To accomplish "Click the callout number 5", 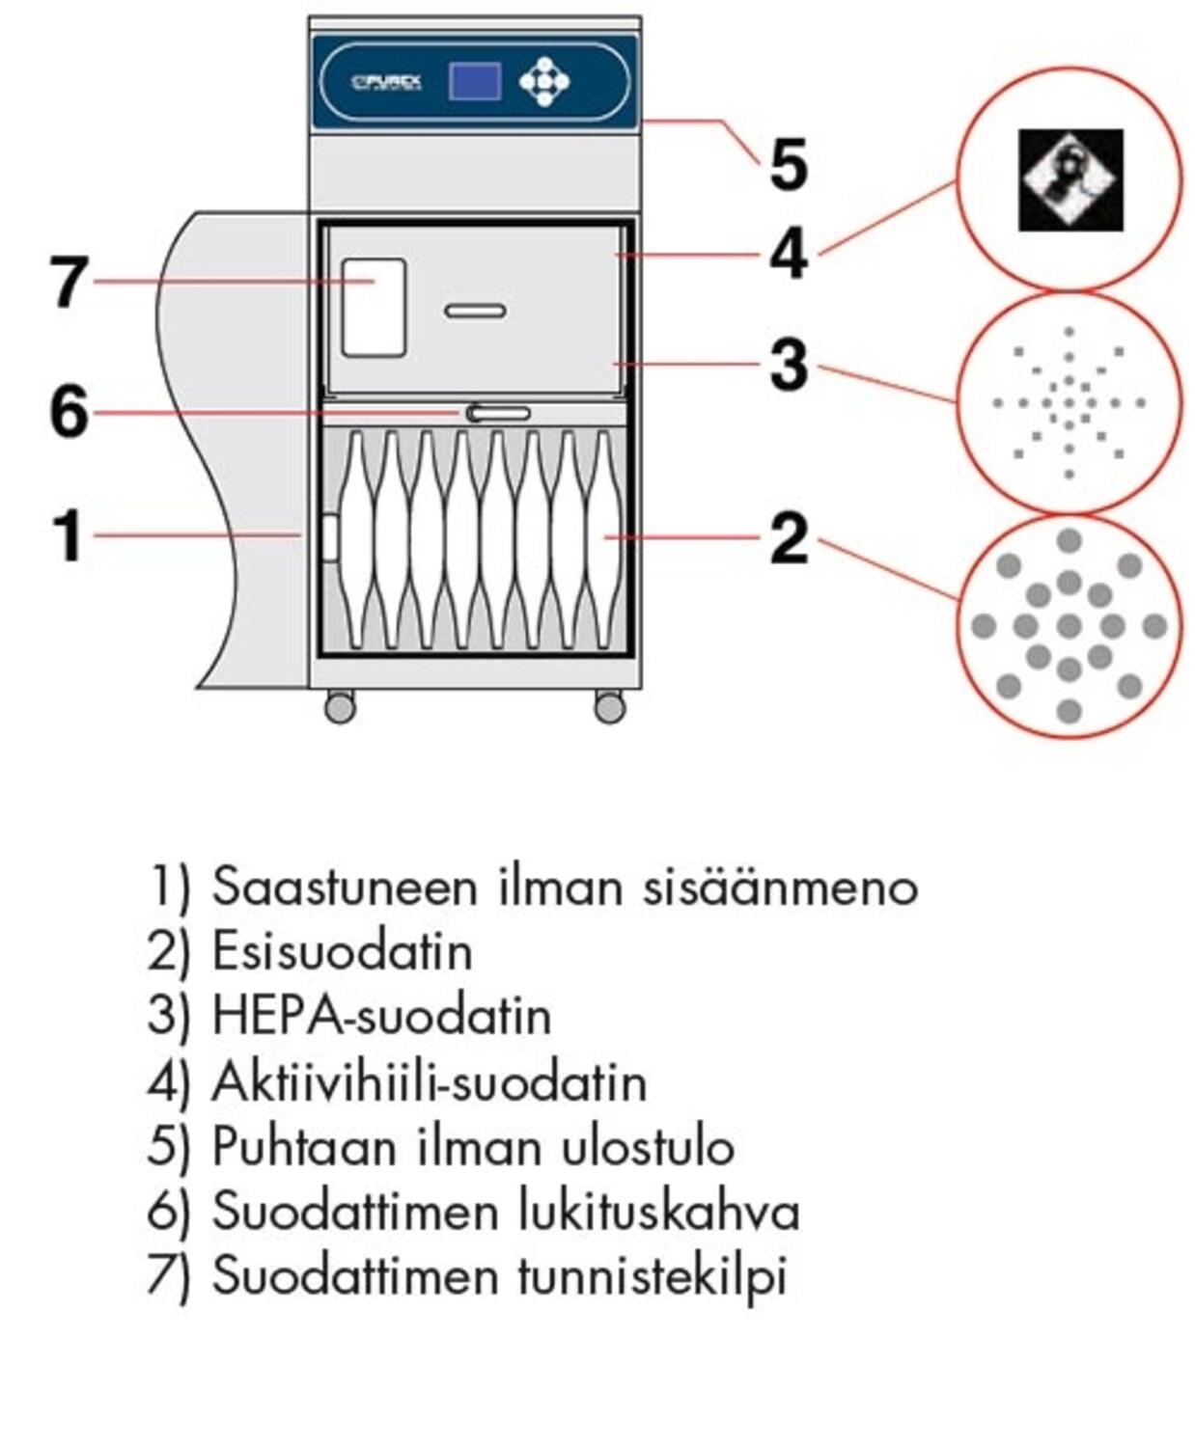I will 788,165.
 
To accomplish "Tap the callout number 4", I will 788,257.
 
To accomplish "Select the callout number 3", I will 788,366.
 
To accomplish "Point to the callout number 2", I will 788,538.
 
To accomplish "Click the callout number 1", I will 68,536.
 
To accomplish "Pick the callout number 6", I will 69,413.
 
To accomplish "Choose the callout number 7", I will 69,283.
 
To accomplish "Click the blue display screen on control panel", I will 474,81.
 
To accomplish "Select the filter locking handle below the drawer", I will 498,414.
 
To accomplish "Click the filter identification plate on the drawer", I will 374,307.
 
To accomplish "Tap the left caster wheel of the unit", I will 340,707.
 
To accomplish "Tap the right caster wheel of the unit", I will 609,707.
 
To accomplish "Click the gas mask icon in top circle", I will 1070,179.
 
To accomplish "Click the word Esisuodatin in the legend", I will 343,951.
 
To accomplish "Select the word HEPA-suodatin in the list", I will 381,1016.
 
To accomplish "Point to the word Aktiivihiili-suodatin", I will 429,1081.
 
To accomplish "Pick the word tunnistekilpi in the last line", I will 653,1276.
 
